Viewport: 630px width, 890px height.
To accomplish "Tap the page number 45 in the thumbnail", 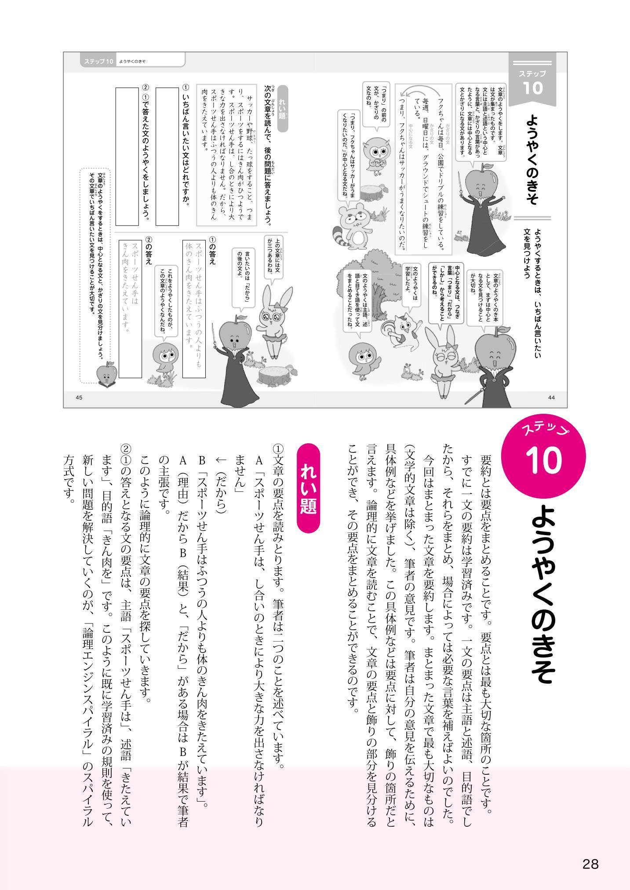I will click(x=80, y=398).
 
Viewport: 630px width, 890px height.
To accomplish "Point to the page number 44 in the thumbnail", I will click(x=552, y=398).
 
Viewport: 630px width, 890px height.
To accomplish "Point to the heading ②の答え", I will click(x=148, y=251).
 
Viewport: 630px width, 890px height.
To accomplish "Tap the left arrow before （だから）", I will click(x=220, y=462).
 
